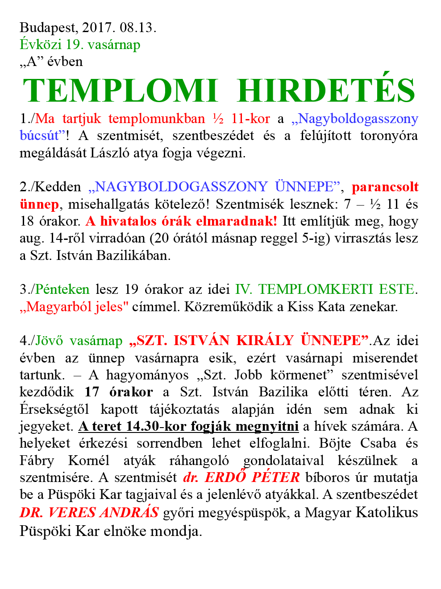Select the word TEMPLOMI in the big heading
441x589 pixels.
(x=120, y=91)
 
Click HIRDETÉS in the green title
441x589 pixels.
(x=326, y=91)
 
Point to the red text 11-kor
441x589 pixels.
(x=250, y=119)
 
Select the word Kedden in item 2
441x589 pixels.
(x=58, y=187)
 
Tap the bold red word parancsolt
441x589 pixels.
(x=385, y=187)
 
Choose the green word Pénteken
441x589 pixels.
(x=62, y=289)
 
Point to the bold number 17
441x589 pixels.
(x=92, y=392)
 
